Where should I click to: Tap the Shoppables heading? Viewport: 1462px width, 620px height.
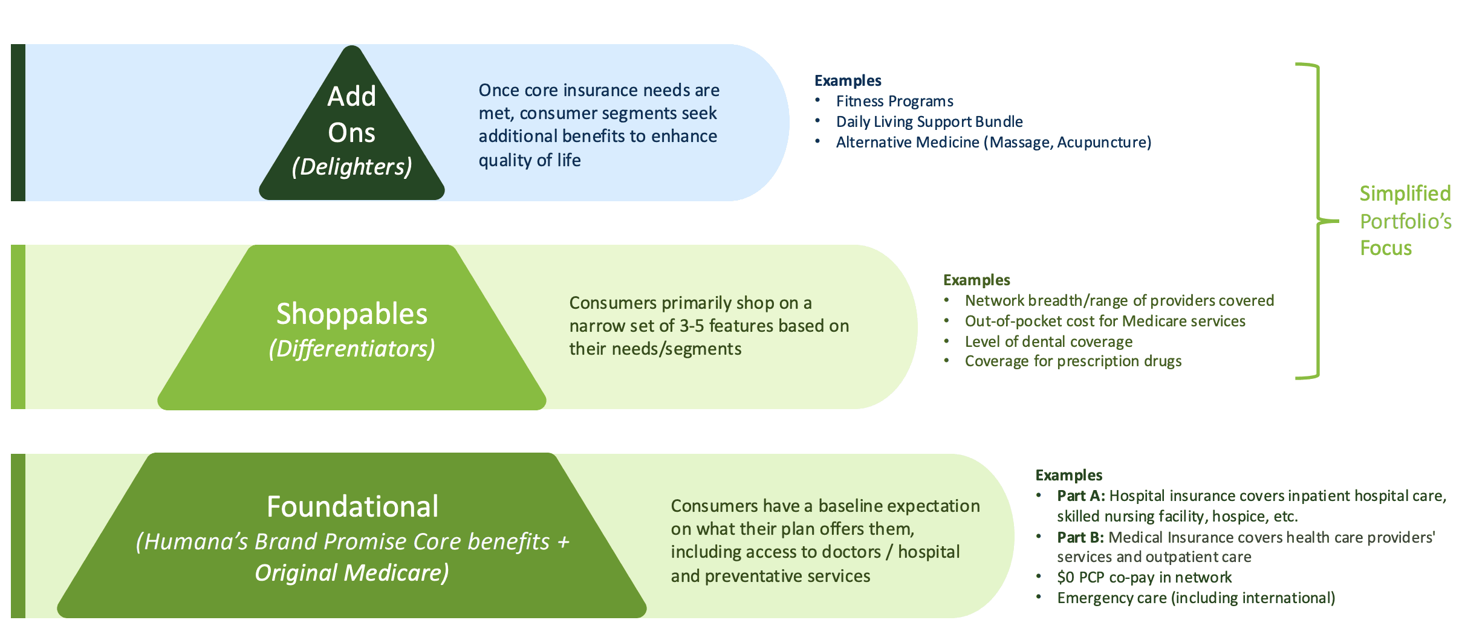[x=351, y=314]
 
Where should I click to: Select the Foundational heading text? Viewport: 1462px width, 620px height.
[x=353, y=506]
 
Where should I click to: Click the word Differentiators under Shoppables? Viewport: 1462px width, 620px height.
[x=351, y=349]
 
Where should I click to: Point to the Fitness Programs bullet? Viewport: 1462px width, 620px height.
[x=894, y=101]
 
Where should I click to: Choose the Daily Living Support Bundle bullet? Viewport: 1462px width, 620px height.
[x=929, y=121]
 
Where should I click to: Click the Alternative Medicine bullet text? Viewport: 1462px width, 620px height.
[x=993, y=142]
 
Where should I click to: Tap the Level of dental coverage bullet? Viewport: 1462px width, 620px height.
[x=1048, y=341]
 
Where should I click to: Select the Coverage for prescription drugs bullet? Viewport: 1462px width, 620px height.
[x=1073, y=361]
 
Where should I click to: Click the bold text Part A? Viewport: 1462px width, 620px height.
[x=1080, y=496]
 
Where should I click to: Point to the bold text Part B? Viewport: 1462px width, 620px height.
[x=1080, y=537]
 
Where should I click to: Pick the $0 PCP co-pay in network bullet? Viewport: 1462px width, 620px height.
[x=1144, y=577]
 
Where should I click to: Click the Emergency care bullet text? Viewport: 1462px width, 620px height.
[x=1195, y=598]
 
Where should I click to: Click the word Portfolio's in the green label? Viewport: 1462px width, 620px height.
[x=1405, y=221]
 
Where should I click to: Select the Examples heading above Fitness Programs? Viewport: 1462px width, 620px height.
[x=847, y=80]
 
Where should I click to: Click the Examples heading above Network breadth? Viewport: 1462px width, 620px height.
[x=976, y=280]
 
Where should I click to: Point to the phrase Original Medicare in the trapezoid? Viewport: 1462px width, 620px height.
[x=351, y=572]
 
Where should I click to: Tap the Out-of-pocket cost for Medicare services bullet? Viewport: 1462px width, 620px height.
[x=1105, y=321]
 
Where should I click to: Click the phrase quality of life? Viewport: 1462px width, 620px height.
[x=529, y=160]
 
